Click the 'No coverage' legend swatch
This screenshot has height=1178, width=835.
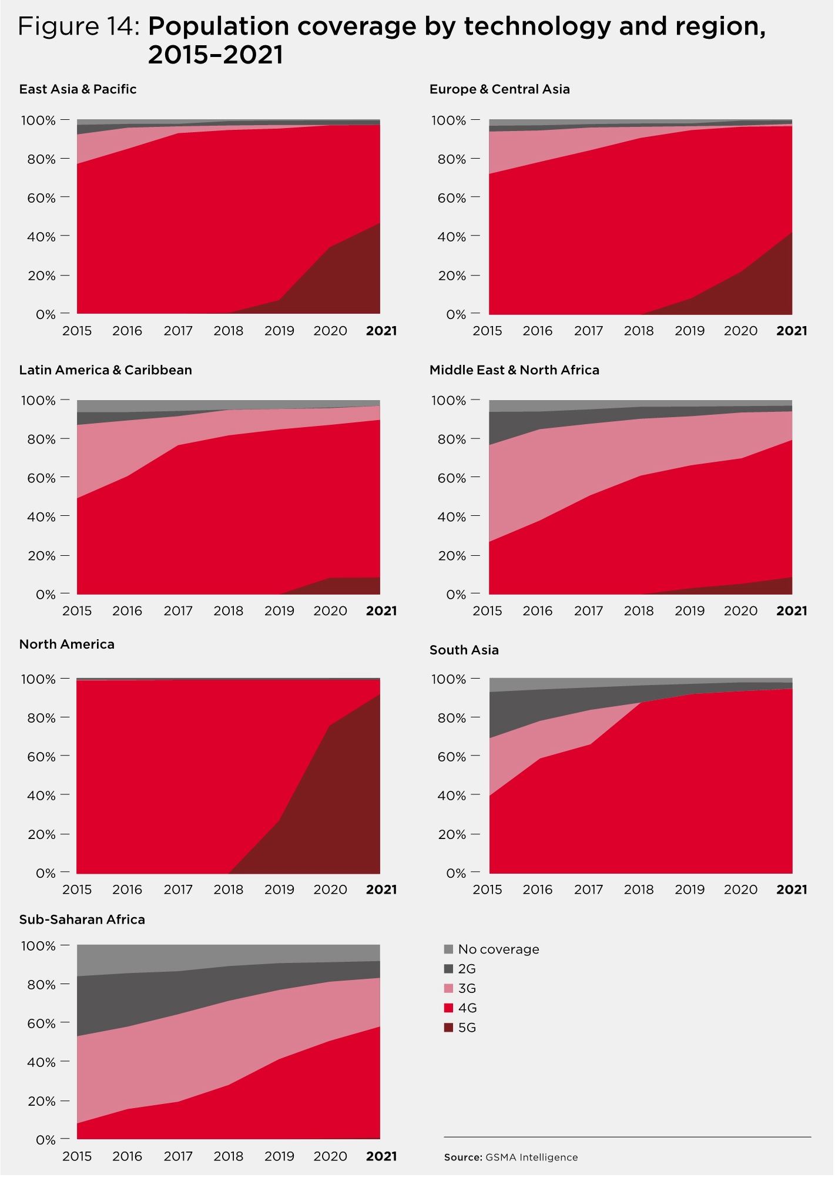(x=449, y=949)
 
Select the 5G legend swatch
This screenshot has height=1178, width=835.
(x=449, y=1028)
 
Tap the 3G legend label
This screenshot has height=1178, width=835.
(x=467, y=989)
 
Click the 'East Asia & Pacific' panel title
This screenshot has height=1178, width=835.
(x=78, y=89)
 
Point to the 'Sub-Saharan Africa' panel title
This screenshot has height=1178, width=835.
(x=82, y=919)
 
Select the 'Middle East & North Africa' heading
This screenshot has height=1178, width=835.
(x=514, y=370)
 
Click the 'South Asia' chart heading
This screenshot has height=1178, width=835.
(x=464, y=650)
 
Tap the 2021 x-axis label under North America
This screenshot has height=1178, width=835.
(x=381, y=890)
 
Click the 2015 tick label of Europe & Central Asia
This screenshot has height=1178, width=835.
(x=488, y=331)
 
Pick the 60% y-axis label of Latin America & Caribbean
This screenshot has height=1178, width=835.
(x=42, y=478)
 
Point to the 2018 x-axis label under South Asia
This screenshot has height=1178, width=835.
(x=639, y=890)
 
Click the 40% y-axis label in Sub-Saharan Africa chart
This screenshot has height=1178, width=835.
(x=42, y=1062)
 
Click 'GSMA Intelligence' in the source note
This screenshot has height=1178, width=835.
(x=532, y=1157)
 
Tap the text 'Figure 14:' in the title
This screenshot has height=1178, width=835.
(x=79, y=26)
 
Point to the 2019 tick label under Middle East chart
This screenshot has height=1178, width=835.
(x=690, y=611)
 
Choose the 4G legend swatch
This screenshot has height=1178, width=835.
(x=449, y=1008)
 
